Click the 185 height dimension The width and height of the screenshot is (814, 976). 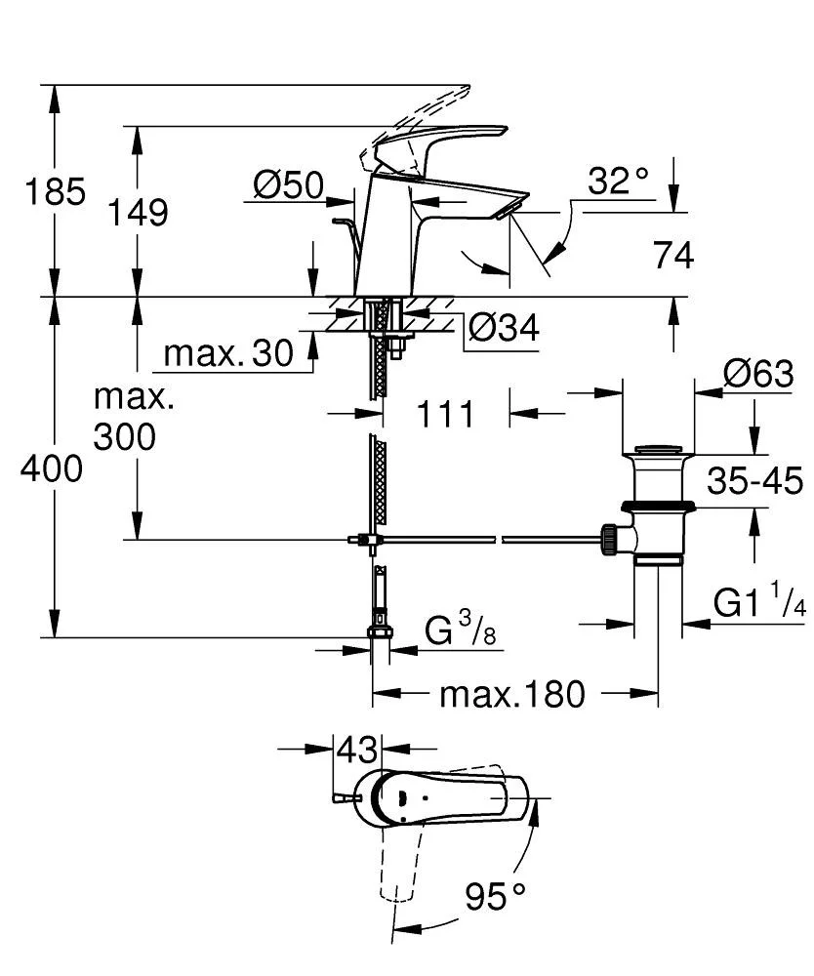pyautogui.click(x=55, y=191)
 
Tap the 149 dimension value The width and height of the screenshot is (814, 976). pyautogui.click(x=139, y=212)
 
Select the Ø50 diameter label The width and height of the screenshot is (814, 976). pyautogui.click(x=289, y=184)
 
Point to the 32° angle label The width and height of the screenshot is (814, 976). pyautogui.click(x=618, y=181)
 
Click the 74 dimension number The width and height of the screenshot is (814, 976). pyautogui.click(x=673, y=255)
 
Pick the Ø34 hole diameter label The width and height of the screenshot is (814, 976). pyautogui.click(x=504, y=327)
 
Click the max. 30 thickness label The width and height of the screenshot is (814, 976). pyautogui.click(x=227, y=353)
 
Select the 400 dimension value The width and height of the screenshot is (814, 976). pyautogui.click(x=52, y=468)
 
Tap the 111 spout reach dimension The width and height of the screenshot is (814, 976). pyautogui.click(x=445, y=413)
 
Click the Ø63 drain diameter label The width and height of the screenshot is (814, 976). pyautogui.click(x=758, y=374)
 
